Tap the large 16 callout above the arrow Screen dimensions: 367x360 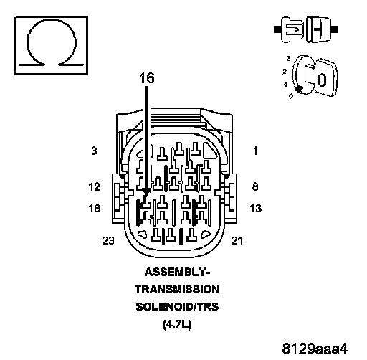(147, 78)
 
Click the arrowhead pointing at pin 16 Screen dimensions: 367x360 (146, 191)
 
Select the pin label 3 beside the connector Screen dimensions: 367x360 (94, 151)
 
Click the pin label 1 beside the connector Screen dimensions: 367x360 (255, 151)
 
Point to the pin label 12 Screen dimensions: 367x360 (94, 186)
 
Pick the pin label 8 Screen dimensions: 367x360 (255, 186)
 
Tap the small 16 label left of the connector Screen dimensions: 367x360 (94, 208)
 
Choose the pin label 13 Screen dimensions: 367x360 (255, 208)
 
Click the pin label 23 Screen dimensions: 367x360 (108, 241)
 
